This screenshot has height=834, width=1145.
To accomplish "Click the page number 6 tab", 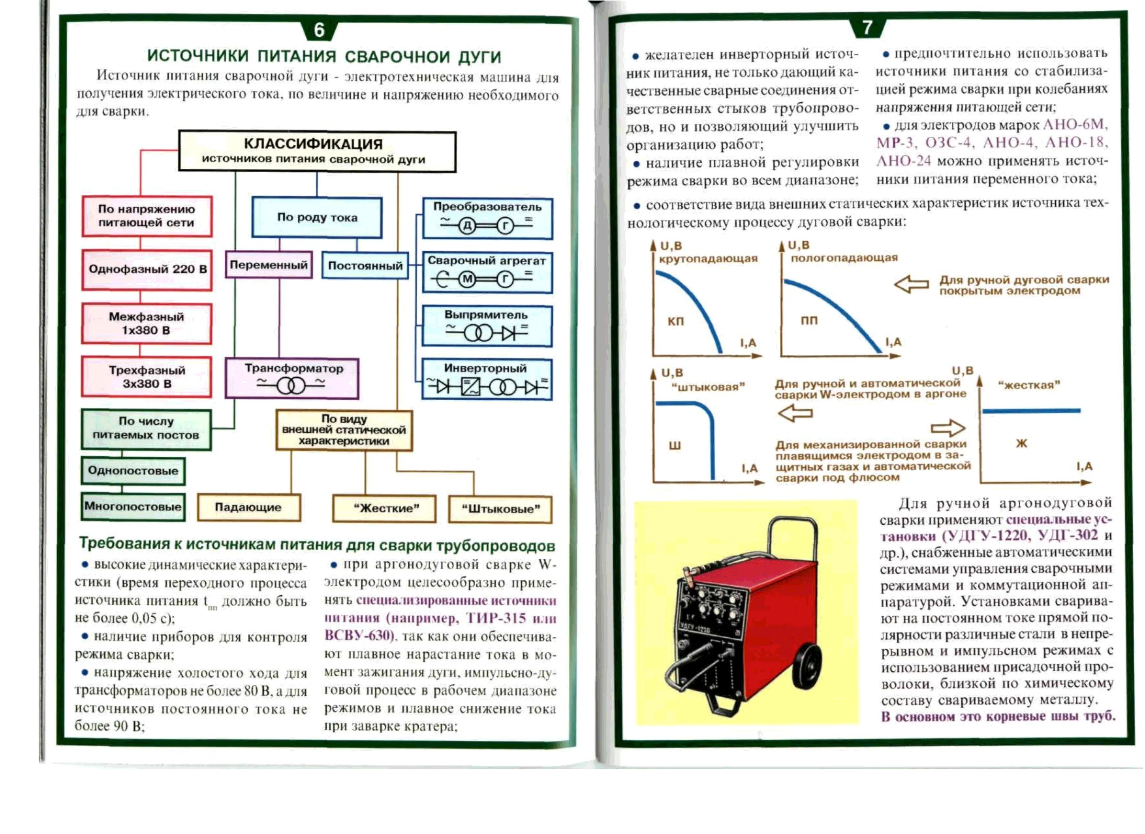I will [319, 30].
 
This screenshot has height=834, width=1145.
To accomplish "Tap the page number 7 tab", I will [867, 27].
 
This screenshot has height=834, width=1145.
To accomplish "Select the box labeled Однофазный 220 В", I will [147, 270].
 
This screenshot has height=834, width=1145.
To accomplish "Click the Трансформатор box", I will [292, 378].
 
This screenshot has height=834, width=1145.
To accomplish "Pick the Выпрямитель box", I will [487, 326].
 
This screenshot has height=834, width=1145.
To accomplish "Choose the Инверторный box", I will [487, 379].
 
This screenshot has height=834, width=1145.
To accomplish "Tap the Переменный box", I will [269, 265].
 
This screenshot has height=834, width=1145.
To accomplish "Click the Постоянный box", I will [365, 266].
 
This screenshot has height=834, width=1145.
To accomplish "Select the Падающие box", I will [248, 507].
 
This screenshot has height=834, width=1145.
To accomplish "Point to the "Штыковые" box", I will [500, 509].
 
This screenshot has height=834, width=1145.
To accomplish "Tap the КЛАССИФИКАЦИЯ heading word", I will [313, 144].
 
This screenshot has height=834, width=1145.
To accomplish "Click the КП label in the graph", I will [676, 321].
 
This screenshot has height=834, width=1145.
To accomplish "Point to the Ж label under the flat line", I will [1021, 443].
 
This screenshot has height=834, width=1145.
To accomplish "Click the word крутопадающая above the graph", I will [708, 259].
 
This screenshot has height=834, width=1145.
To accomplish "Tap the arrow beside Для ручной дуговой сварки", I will [911, 284].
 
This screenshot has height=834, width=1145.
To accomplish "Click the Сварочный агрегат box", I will [487, 273].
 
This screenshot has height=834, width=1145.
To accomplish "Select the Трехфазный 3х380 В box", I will [147, 377].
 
